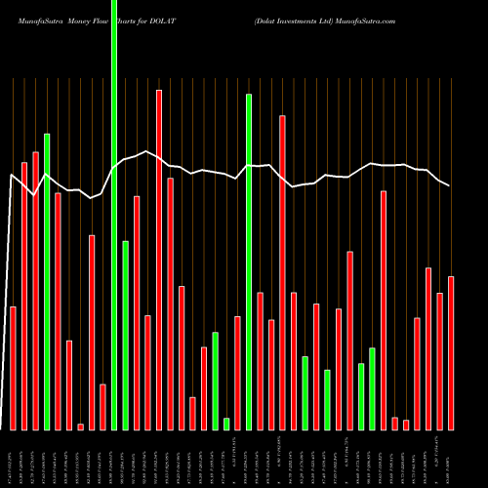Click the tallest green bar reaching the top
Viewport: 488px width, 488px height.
coord(114,215)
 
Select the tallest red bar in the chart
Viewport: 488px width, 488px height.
coord(159,260)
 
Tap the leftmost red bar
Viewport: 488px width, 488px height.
coord(13,368)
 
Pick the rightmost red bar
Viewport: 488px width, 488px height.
coord(451,352)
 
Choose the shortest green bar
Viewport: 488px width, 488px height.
coord(226,424)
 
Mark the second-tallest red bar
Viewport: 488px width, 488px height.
coord(282,272)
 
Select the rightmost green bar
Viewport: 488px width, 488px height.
coord(372,388)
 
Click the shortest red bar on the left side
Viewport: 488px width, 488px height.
coord(80,427)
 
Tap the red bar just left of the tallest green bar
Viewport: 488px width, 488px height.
coord(102,406)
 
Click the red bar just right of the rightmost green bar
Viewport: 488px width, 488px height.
coord(384,310)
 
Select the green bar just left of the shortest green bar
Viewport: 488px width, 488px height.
coord(215,381)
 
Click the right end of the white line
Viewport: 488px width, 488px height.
coord(450,185)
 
